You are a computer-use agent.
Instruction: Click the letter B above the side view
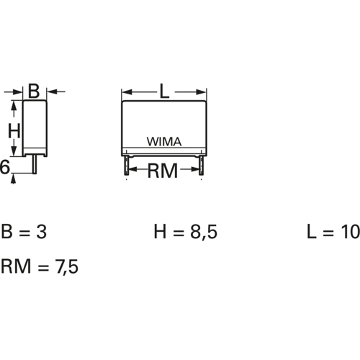click(34, 91)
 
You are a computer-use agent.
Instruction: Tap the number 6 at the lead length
click(4, 168)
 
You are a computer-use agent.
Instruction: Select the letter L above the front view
click(163, 91)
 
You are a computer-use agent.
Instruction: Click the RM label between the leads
click(163, 171)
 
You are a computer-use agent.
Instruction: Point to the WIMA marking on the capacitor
click(165, 142)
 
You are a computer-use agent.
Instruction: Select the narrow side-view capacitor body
click(35, 126)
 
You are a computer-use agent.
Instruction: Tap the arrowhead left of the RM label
click(132, 171)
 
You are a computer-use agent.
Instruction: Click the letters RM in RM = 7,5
click(15, 267)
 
